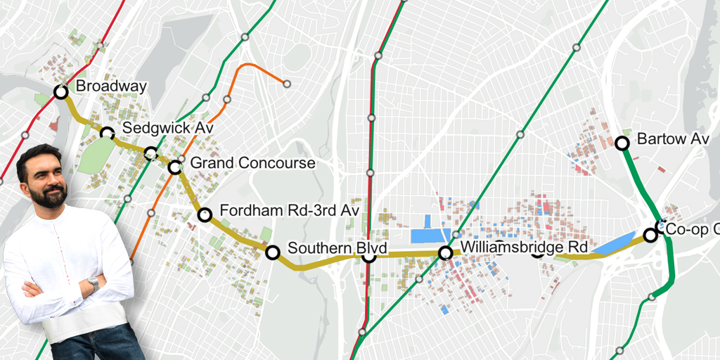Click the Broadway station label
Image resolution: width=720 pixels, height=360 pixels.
111,86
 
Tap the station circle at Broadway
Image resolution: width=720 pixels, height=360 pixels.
61,91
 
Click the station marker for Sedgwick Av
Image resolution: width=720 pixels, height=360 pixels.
107,133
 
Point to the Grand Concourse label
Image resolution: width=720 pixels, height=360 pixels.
252,163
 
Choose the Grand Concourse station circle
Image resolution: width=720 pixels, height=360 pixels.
175,167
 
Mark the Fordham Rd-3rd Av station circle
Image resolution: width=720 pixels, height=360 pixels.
205,215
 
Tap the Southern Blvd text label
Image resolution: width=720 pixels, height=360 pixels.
329,248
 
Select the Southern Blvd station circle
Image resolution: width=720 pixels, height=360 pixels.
272,252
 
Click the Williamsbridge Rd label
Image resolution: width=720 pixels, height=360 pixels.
524,247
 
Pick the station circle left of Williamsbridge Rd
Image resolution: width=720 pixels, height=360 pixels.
445,252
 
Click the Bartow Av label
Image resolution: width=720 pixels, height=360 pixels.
672,139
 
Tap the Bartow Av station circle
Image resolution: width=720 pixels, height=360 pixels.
622,143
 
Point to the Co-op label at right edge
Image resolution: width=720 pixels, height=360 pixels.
693,229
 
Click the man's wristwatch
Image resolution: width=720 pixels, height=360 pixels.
93,284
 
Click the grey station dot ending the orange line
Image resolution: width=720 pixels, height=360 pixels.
287,84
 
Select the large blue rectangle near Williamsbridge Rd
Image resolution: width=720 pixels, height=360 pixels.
430,236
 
